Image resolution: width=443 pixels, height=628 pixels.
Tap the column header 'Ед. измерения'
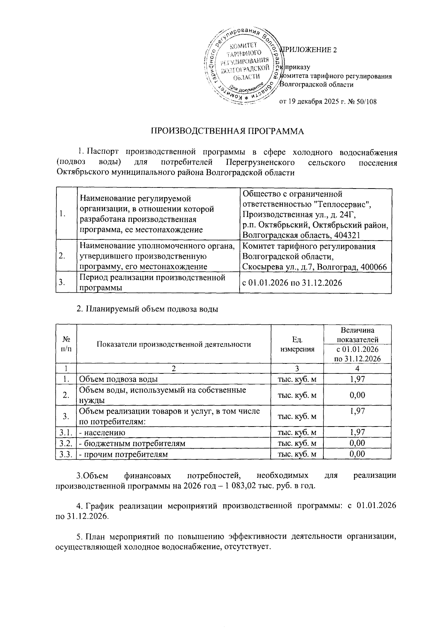(297, 344)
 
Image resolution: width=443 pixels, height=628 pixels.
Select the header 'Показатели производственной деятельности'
(174, 344)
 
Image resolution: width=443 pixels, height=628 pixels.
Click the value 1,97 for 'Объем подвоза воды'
(357, 379)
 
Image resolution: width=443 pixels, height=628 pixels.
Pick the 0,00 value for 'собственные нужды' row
(357, 395)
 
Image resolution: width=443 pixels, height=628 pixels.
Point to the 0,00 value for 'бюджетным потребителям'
(357, 443)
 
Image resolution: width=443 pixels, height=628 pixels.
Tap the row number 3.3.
(65, 454)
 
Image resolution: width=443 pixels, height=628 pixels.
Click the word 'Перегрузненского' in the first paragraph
(260, 163)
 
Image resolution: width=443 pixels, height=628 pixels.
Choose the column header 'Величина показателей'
(357, 335)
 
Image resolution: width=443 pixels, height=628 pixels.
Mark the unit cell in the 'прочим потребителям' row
(297, 454)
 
